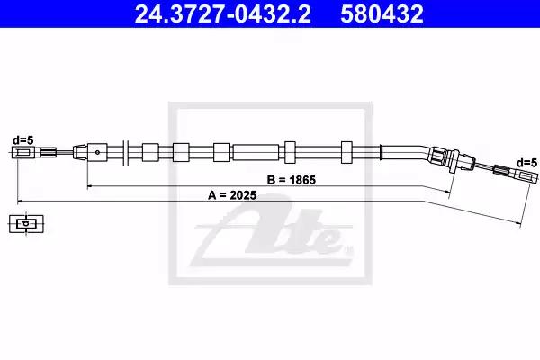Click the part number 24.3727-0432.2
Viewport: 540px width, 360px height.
[x=222, y=13]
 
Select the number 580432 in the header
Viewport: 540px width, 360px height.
[x=382, y=13]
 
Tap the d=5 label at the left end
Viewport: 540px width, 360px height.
[x=23, y=140]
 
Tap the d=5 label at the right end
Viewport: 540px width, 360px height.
[x=526, y=162]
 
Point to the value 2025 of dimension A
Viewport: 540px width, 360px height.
[x=243, y=195]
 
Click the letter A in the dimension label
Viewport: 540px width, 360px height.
[x=211, y=195]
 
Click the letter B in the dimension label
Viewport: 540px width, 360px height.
[x=271, y=180]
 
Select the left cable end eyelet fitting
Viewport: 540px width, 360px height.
[x=23, y=153]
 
